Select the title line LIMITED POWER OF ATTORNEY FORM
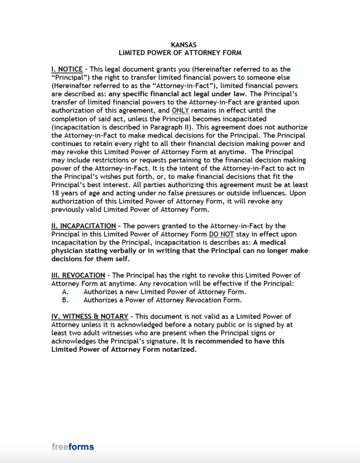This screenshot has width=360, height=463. click(x=180, y=52)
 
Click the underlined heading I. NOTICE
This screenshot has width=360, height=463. click(x=67, y=69)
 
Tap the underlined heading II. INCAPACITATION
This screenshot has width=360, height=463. click(x=84, y=226)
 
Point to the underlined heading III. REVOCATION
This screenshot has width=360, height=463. click(x=78, y=275)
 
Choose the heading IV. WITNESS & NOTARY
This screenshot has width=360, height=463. click(x=90, y=316)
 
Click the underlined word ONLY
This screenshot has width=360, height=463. click(x=180, y=110)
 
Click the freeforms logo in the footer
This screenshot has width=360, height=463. click(x=73, y=447)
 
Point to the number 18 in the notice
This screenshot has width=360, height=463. click(x=56, y=193)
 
